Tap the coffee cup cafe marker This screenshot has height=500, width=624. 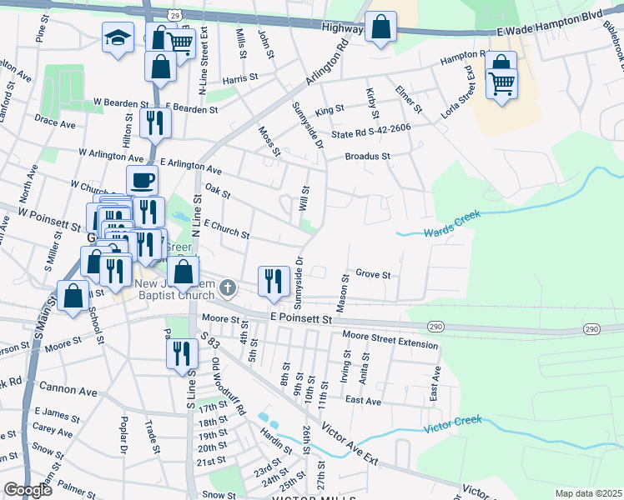[142, 180]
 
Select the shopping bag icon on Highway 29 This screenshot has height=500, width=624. [380, 27]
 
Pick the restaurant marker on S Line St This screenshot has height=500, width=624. [181, 353]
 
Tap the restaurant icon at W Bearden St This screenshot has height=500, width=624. [154, 122]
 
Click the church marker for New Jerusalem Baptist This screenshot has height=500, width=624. [227, 290]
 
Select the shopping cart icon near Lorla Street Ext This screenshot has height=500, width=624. [501, 83]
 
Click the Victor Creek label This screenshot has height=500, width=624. [453, 423]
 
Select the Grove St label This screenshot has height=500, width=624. [373, 273]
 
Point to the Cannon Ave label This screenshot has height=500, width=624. [68, 390]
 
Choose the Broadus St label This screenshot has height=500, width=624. [368, 156]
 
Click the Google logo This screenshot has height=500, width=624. [28, 489]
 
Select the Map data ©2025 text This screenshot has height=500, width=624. [587, 493]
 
